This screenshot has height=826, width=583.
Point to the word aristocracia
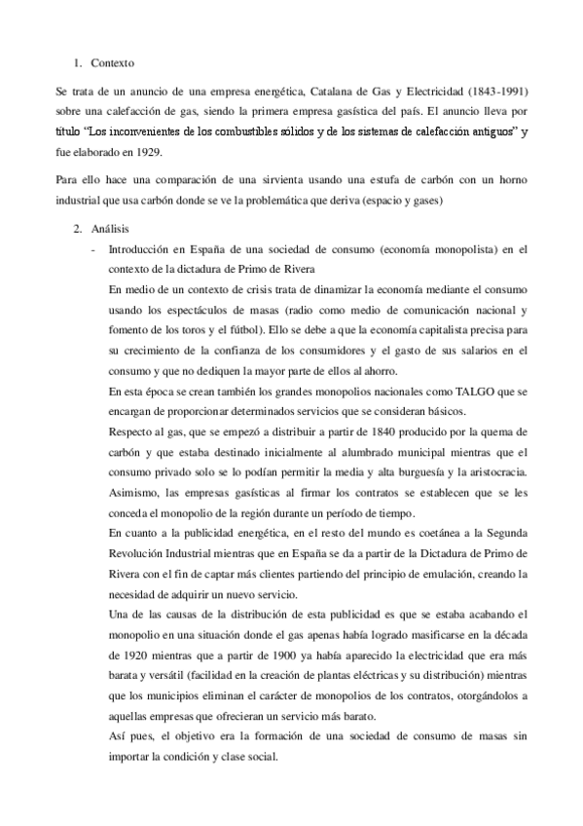pos(496,472)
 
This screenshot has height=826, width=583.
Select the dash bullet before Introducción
pos(91,249)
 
